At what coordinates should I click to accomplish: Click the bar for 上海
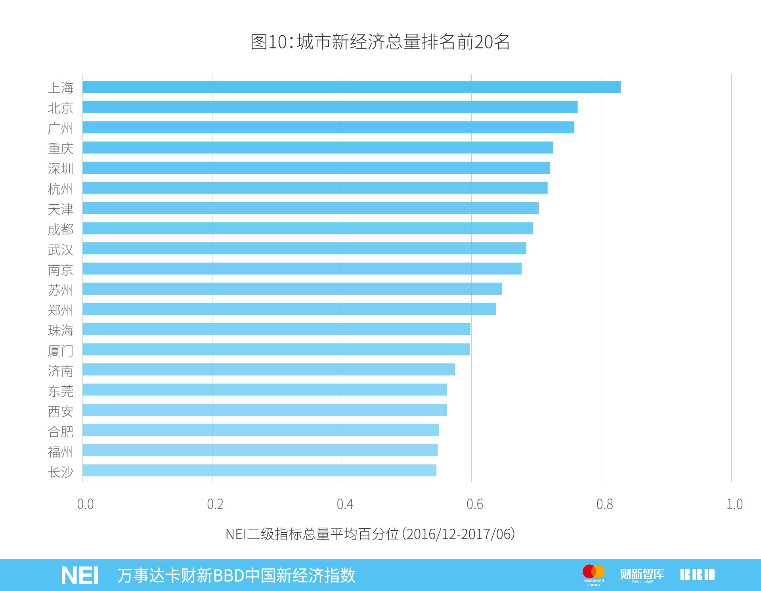click(352, 87)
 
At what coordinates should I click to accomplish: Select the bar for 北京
click(330, 107)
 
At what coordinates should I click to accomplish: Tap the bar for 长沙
click(259, 470)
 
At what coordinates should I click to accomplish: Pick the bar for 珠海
click(276, 329)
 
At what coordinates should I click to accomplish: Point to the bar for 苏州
click(292, 289)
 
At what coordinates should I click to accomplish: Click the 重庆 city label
click(61, 148)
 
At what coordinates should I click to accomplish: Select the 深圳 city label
click(61, 169)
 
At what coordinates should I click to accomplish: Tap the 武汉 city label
click(61, 249)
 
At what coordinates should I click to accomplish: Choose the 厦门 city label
click(61, 351)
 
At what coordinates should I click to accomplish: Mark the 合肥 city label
click(61, 431)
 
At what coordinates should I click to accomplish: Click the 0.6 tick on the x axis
click(474, 504)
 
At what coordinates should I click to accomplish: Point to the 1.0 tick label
click(734, 504)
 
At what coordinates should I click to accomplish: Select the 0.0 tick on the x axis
click(85, 504)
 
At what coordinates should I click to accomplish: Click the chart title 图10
click(380, 42)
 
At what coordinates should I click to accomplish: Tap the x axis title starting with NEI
click(370, 534)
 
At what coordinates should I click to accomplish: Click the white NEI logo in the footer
click(80, 576)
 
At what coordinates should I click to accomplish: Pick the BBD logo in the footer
click(697, 575)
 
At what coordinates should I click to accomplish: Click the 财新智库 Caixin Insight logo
click(642, 575)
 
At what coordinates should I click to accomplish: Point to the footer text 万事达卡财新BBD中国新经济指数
click(236, 576)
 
